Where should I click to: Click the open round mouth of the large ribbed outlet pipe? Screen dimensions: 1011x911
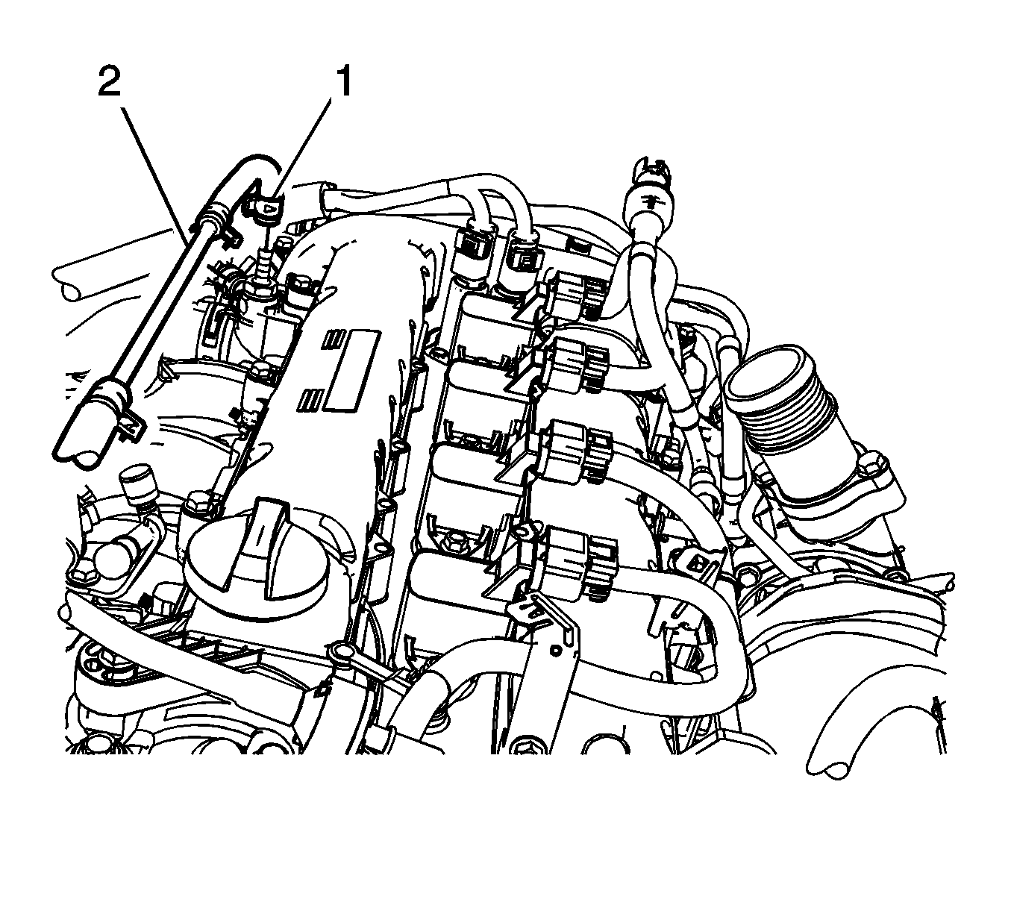(x=774, y=372)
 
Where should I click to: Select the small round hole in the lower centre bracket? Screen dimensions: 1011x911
(x=554, y=651)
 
